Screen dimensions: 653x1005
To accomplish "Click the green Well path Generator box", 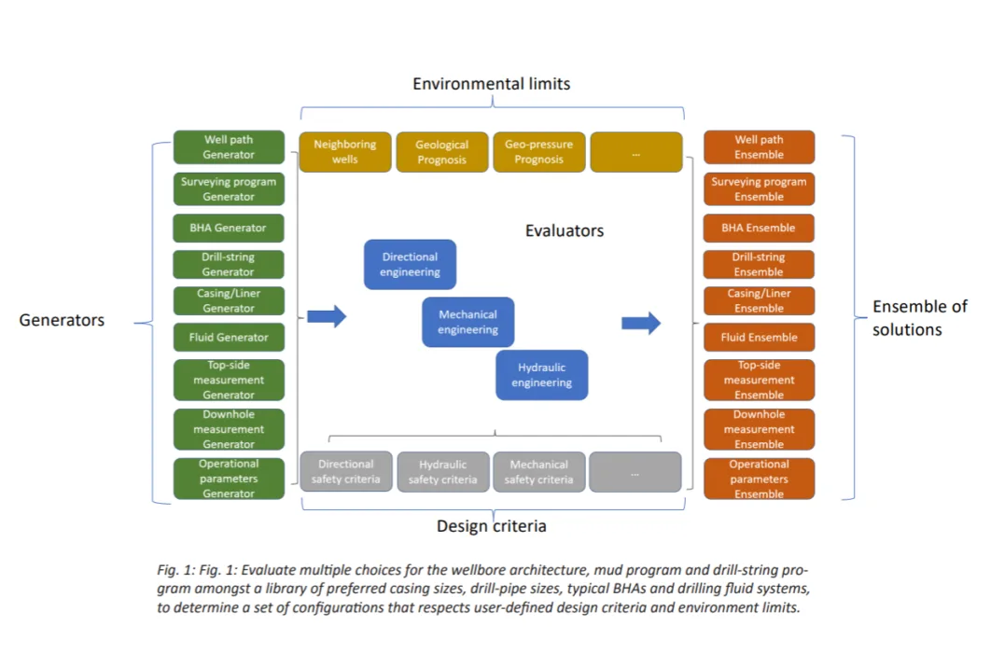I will coord(229,147).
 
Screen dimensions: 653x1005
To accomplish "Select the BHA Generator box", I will coord(229,228).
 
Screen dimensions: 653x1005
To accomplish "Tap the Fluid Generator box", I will coord(229,337).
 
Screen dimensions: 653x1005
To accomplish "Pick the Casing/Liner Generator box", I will coord(229,300).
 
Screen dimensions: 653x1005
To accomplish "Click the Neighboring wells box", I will coord(345,152).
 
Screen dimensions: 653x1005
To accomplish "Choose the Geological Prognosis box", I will coord(441,152).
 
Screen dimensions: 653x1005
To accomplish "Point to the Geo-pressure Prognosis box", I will coord(538,152).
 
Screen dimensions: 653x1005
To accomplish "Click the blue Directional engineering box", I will coord(410,264).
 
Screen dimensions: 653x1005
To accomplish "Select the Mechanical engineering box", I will coord(468,322).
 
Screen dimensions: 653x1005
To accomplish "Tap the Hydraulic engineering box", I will coord(541,375).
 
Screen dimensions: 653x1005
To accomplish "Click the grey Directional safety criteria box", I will coord(345,471).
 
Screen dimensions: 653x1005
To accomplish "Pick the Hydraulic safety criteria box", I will coord(442,471).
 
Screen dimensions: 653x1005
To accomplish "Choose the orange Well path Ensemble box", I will coord(759,147).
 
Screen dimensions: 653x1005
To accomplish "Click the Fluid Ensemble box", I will coord(759,337).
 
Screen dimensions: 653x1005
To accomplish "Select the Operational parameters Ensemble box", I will coord(759,479).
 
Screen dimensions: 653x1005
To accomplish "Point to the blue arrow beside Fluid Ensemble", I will coord(641,323).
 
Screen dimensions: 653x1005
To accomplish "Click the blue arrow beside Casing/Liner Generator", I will coord(327,316).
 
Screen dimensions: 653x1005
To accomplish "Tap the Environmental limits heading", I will coord(492,84).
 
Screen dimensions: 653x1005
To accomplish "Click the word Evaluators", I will coord(565,230).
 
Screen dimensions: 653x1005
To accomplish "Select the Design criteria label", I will coord(492,526).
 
